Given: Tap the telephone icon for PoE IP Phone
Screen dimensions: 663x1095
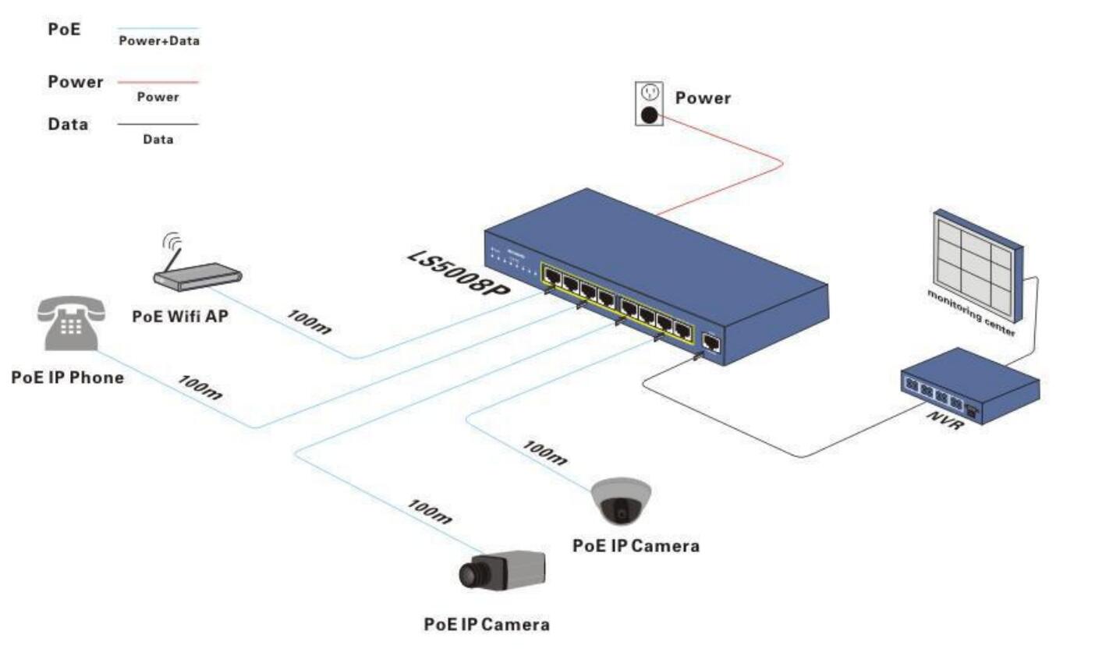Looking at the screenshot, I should click(70, 323).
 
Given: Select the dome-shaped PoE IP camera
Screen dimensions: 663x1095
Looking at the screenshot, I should click(621, 502).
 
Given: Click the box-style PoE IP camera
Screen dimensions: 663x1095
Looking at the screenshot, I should click(501, 570).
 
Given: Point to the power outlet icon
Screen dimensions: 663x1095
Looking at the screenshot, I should click(649, 104).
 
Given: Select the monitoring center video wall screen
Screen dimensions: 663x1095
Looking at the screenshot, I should click(978, 261).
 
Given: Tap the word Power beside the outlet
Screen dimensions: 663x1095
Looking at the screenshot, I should click(703, 98).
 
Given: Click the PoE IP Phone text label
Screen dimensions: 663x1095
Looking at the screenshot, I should click(68, 378).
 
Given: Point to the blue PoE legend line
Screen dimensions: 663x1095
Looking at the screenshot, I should click(158, 29).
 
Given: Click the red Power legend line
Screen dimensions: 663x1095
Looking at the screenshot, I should click(158, 81).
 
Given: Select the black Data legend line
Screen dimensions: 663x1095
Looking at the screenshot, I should click(158, 124).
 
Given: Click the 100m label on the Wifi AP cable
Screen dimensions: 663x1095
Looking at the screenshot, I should click(309, 321).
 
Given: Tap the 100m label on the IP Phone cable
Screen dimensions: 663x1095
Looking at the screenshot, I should click(200, 387).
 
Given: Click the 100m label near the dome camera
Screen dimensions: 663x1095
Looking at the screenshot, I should click(544, 452).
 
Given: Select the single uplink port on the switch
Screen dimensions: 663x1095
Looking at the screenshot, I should click(711, 342).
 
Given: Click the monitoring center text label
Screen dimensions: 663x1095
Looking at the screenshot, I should click(970, 312).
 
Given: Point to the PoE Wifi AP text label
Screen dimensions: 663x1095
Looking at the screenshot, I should click(180, 317).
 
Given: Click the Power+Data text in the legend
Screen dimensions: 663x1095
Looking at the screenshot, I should click(159, 41).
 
